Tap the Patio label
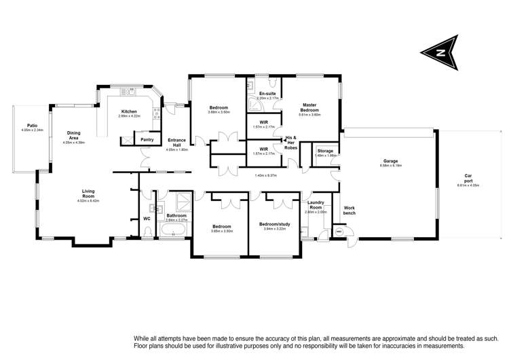(32, 125)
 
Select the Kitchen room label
(129, 111)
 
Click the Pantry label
(147, 140)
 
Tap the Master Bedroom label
(309, 107)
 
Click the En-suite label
(266, 93)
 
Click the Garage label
(390, 161)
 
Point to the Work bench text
(350, 211)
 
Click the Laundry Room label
(316, 204)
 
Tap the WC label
(147, 219)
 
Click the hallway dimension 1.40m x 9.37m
(265, 175)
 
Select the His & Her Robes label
(291, 142)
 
